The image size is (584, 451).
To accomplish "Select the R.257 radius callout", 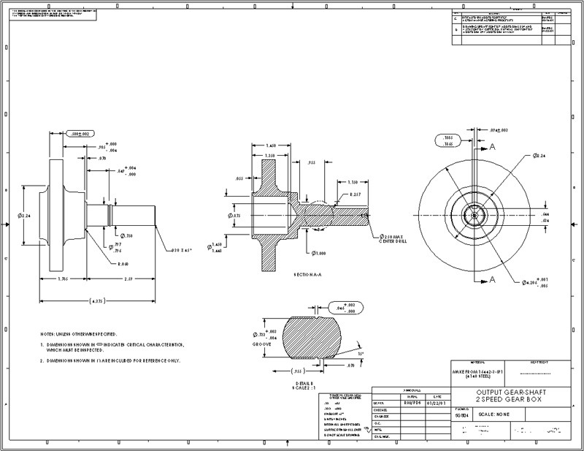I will coord(356,194).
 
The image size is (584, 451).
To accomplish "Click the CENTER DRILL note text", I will coord(393,243).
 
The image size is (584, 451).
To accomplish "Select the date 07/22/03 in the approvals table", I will coord(428,402).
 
